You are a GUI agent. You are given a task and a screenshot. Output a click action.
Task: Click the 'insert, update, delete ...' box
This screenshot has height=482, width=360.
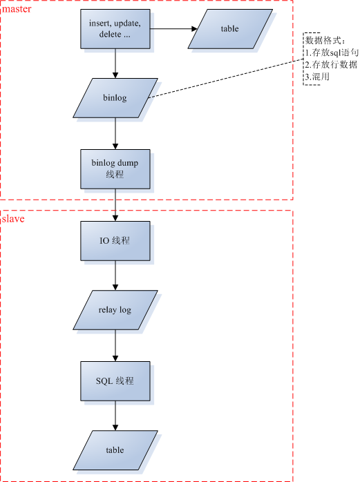(115, 29)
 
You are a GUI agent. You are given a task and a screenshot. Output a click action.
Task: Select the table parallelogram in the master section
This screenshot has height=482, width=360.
(230, 29)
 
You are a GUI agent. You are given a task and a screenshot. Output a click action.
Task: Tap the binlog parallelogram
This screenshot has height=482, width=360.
(115, 98)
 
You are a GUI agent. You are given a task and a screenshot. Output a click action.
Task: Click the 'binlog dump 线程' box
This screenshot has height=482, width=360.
(115, 169)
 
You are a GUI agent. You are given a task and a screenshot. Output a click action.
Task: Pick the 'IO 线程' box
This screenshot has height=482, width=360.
(115, 241)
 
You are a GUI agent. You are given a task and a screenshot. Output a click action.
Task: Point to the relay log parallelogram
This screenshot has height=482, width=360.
(115, 310)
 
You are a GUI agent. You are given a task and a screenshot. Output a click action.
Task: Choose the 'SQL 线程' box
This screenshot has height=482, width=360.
(115, 381)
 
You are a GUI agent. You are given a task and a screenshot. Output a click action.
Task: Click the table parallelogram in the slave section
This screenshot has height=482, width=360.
(115, 450)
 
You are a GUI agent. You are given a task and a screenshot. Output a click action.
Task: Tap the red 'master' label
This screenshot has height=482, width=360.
(17, 9)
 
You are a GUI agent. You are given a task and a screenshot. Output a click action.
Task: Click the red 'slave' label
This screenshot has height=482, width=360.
(13, 219)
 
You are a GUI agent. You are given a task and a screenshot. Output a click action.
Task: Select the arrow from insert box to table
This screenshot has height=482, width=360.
(173, 29)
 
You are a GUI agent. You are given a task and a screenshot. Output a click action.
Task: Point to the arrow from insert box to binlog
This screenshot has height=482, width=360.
(115, 64)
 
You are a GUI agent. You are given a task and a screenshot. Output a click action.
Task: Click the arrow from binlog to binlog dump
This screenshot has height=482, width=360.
(115, 133)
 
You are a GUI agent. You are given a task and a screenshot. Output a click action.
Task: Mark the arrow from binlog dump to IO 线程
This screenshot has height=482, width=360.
(115, 204)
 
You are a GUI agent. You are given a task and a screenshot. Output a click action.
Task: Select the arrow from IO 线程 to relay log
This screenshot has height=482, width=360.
(115, 275)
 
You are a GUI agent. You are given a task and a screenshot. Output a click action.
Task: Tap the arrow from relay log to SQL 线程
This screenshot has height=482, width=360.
(115, 345)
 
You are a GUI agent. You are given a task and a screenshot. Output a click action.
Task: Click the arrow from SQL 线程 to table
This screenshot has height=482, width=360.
(115, 415)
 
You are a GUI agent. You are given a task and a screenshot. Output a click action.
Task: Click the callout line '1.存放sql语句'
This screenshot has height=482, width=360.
(332, 52)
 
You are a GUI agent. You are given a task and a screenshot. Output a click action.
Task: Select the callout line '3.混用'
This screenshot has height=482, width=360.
(317, 77)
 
